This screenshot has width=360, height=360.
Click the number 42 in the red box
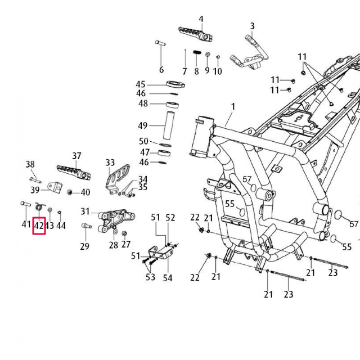pyautogui.click(x=39, y=226)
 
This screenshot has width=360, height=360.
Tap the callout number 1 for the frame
pyautogui.click(x=233, y=106)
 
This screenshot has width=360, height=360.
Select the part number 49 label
pyautogui.click(x=143, y=125)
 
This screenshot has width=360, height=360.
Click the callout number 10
pyautogui.click(x=218, y=71)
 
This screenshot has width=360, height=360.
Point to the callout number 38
pyautogui.click(x=30, y=164)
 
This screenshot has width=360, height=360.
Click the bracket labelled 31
pyautogui.click(x=115, y=219)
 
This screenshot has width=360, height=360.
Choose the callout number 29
pyautogui.click(x=84, y=246)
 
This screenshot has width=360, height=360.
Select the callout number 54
pyautogui.click(x=168, y=278)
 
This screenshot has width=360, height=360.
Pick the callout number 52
pyautogui.click(x=170, y=218)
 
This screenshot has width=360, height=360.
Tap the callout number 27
pyautogui.click(x=126, y=244)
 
